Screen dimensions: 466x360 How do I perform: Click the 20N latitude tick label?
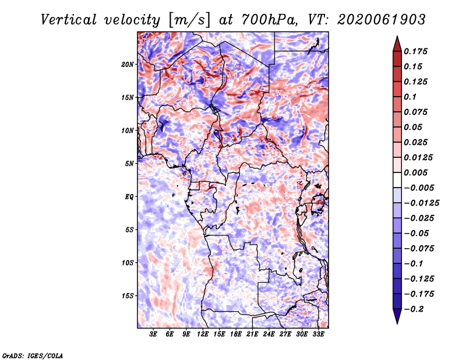pos(128,65)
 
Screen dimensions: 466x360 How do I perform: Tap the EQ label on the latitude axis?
pos(129,197)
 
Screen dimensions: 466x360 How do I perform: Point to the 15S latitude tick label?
pos(128,296)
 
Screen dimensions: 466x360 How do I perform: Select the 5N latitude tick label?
pos(129,164)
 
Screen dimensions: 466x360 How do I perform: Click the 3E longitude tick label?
pos(153,334)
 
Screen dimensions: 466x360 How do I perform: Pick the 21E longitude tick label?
pos(252,334)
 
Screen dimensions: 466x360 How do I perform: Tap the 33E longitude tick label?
pos(318,334)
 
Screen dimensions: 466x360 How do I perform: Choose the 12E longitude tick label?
pos(202,334)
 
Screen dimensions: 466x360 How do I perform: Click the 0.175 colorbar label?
pos(415,51)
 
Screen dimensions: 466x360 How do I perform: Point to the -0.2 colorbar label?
pos(414,309)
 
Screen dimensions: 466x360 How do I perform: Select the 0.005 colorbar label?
pos(415,172)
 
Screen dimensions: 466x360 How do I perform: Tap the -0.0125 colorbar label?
pos(421,203)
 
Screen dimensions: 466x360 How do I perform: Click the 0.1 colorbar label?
pos(410,97)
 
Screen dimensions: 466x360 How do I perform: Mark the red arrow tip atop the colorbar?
pos(397,36)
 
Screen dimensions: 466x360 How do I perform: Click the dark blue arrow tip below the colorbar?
pos(397,323)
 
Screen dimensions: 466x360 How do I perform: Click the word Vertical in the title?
pos(69,20)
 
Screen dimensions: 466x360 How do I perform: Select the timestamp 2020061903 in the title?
pos(382,20)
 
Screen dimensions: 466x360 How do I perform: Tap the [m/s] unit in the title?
pos(189,20)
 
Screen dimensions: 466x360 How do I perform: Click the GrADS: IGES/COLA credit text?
pos(33,355)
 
